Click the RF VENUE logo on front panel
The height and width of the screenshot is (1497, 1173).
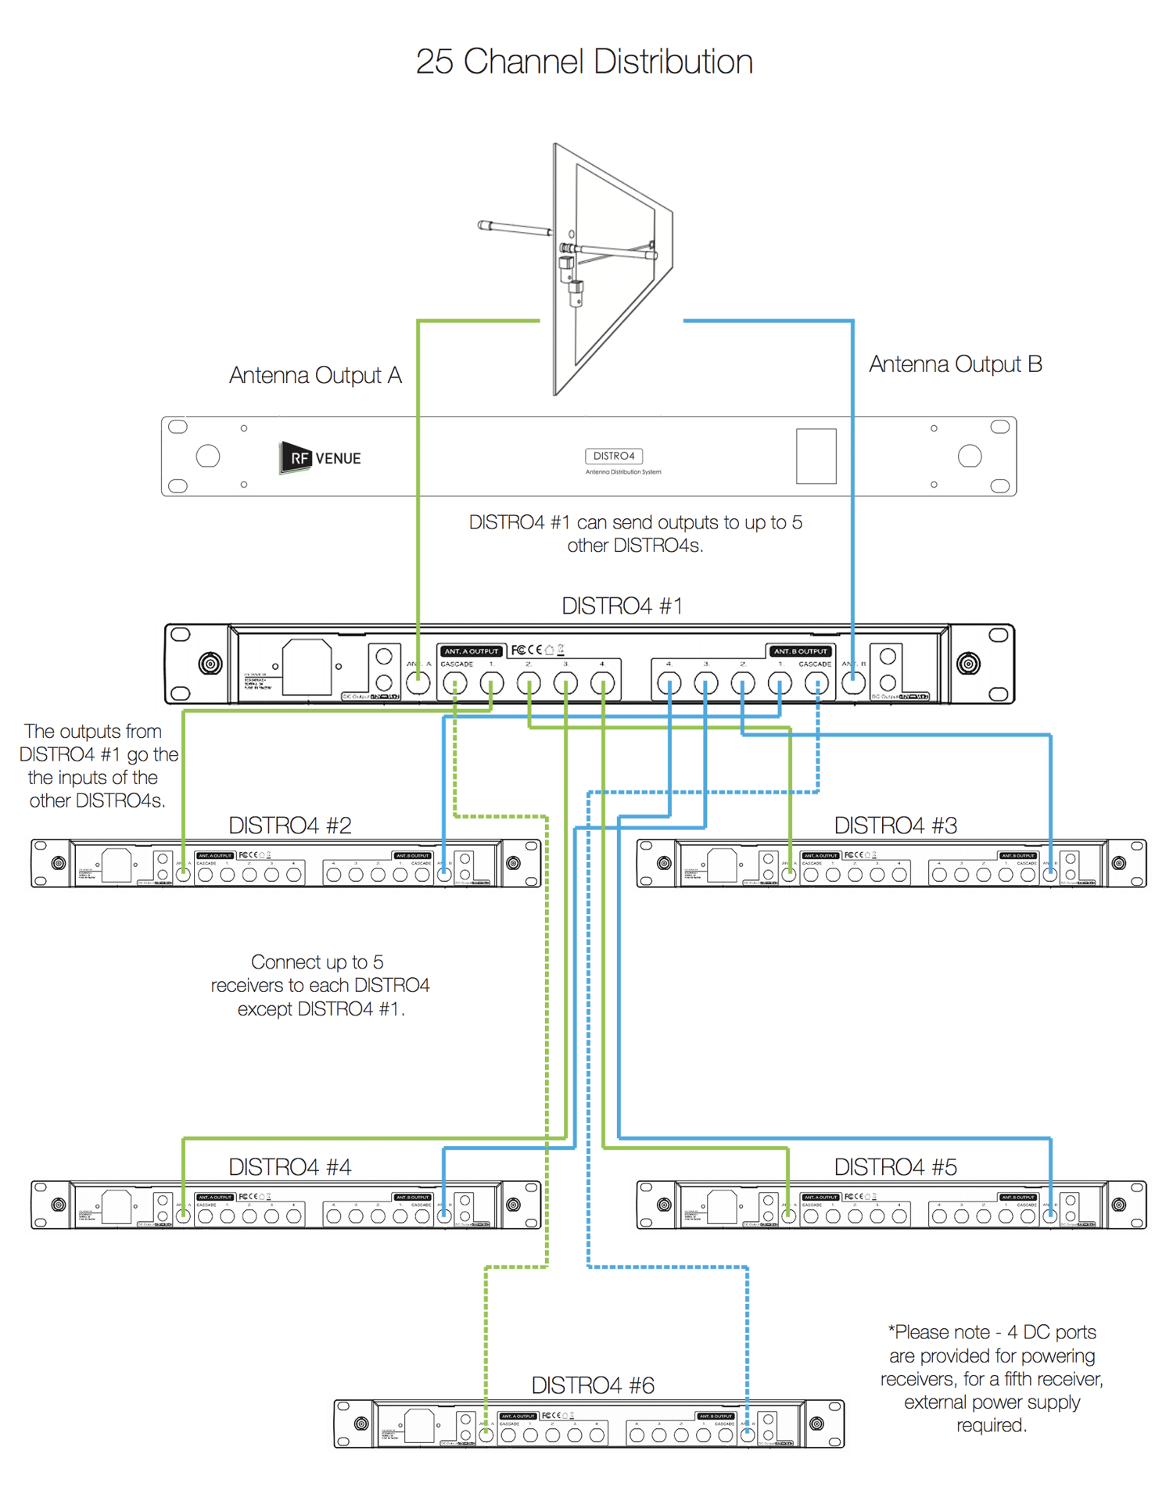[321, 458]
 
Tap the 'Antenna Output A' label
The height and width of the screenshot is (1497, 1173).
[315, 376]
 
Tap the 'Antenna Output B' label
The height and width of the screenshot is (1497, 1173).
[955, 364]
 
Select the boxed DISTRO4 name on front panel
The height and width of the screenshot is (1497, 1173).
[614, 456]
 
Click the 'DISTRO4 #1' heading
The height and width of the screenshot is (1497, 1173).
[622, 606]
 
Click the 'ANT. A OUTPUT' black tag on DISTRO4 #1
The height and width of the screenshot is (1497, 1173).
[471, 651]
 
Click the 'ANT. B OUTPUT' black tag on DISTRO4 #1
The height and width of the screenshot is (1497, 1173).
[801, 651]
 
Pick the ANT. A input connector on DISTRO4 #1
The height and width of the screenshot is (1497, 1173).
[418, 683]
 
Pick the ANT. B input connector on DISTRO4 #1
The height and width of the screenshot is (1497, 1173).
[853, 683]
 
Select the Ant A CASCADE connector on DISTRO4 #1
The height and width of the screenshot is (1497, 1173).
[455, 684]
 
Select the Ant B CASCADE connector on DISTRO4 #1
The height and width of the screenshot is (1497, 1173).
[816, 684]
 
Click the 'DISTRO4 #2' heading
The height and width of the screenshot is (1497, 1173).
[289, 825]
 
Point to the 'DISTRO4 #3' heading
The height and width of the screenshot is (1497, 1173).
[895, 825]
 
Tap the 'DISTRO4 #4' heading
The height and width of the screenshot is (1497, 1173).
[289, 1167]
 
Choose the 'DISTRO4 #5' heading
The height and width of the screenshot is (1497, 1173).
[895, 1167]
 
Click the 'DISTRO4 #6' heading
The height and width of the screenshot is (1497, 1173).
[593, 1385]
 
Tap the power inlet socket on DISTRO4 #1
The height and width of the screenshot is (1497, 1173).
[307, 667]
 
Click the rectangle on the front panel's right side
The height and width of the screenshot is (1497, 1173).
[816, 456]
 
